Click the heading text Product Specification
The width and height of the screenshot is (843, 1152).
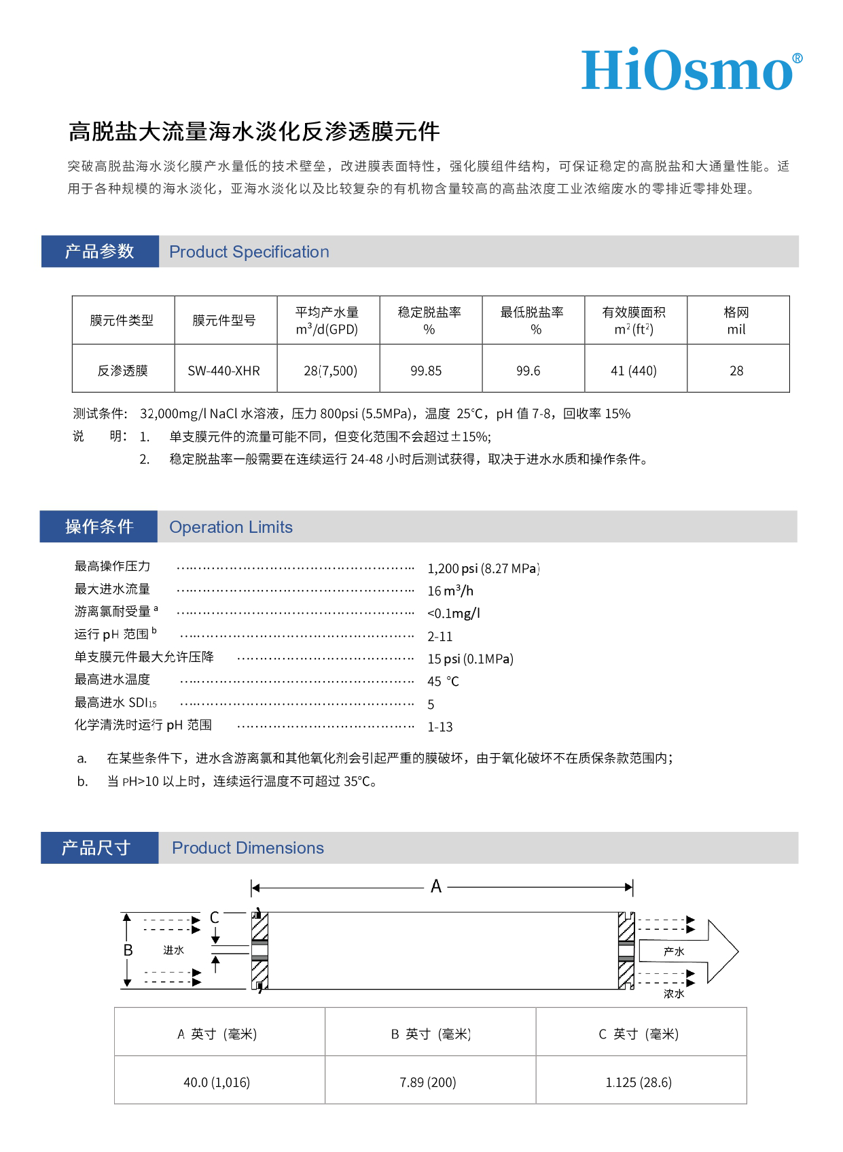click(x=249, y=252)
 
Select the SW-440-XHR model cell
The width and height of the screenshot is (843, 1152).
click(x=224, y=370)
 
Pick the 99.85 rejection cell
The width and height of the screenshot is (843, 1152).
click(x=426, y=370)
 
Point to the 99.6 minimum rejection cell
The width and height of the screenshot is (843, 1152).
click(x=528, y=370)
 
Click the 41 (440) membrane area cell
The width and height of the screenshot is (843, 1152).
click(x=634, y=370)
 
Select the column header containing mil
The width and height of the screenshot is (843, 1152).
click(x=736, y=321)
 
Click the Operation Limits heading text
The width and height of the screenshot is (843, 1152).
click(x=231, y=527)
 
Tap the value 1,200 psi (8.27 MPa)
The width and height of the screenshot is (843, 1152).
click(x=483, y=568)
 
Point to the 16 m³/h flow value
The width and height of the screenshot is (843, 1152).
click(x=450, y=591)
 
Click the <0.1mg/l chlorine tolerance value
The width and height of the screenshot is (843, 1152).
click(x=454, y=613)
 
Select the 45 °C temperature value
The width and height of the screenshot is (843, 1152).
click(x=443, y=681)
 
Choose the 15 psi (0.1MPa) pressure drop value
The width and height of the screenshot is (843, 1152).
click(x=470, y=659)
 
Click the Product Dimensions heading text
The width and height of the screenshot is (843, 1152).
click(x=248, y=848)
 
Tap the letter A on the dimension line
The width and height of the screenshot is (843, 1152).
click(x=436, y=886)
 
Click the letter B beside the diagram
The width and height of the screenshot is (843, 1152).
click(x=128, y=950)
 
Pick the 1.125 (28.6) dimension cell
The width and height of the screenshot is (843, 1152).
click(x=639, y=1082)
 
